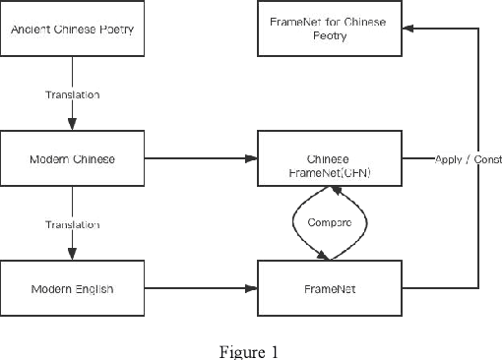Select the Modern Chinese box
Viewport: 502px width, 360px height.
click(72, 158)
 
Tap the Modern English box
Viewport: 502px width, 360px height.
click(72, 288)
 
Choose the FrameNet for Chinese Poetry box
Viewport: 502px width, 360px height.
click(330, 29)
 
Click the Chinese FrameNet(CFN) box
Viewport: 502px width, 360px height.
click(330, 158)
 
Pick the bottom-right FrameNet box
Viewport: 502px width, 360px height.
click(330, 288)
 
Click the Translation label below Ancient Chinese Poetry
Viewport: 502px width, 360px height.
click(72, 94)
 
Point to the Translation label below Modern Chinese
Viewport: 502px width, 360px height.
click(72, 224)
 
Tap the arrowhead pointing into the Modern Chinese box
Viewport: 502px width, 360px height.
click(72, 126)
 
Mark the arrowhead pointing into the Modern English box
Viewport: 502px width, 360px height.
click(72, 256)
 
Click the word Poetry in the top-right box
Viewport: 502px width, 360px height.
click(330, 35)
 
